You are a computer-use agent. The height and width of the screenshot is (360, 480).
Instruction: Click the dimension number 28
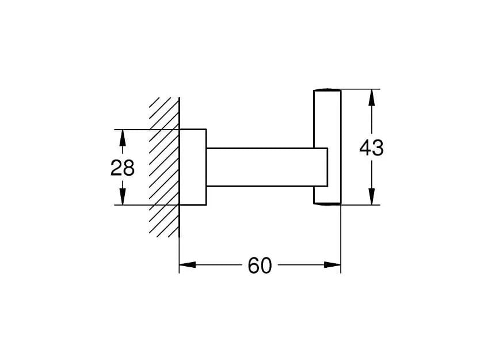(x=122, y=168)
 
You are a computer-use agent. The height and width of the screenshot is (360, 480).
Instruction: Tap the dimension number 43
(x=371, y=148)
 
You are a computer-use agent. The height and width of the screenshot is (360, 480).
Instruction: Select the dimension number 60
(x=260, y=266)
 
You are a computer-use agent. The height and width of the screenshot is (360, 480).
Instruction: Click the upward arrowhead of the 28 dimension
(x=122, y=137)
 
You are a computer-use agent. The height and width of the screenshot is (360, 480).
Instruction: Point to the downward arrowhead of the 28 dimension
(x=122, y=198)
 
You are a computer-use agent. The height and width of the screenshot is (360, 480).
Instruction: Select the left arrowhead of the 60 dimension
(x=187, y=265)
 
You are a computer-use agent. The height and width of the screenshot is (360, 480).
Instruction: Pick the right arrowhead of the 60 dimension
(x=333, y=265)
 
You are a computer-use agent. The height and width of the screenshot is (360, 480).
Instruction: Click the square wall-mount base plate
(x=193, y=167)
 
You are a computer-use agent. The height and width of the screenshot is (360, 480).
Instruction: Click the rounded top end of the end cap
(x=327, y=91)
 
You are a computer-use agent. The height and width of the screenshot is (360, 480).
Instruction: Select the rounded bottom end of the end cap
(x=327, y=202)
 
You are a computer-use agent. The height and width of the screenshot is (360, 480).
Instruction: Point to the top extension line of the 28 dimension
(x=138, y=129)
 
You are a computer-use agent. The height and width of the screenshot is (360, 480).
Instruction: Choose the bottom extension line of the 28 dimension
(x=138, y=204)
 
